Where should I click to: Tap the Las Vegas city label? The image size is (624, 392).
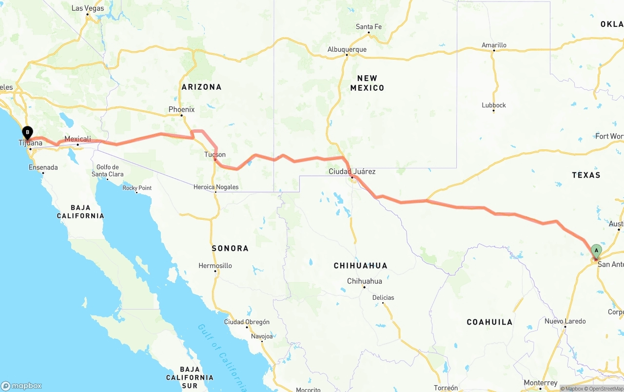87,8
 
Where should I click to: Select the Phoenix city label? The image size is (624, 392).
181,109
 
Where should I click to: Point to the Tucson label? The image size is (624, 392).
215,155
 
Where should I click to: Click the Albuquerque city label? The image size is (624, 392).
347,49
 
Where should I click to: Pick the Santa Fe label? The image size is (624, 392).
369,27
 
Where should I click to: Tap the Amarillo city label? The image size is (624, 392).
494,45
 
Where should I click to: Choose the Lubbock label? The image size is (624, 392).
494,105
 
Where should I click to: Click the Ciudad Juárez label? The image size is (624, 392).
352,171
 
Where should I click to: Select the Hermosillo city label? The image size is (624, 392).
215,266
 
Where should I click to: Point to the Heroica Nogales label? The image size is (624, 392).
216,187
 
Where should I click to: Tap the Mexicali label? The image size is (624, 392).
78,139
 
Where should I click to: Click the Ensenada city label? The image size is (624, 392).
43,167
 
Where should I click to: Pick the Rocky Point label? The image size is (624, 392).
137,188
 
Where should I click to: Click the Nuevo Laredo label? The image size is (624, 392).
565,321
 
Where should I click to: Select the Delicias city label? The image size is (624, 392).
383,298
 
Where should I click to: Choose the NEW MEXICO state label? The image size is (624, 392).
367,83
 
